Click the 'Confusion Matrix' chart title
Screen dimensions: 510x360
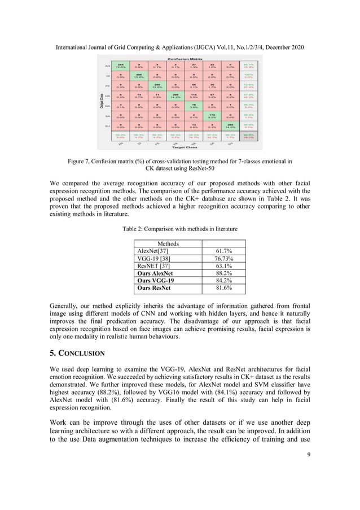pos(186,58)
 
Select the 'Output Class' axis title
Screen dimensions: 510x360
pos(100,101)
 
